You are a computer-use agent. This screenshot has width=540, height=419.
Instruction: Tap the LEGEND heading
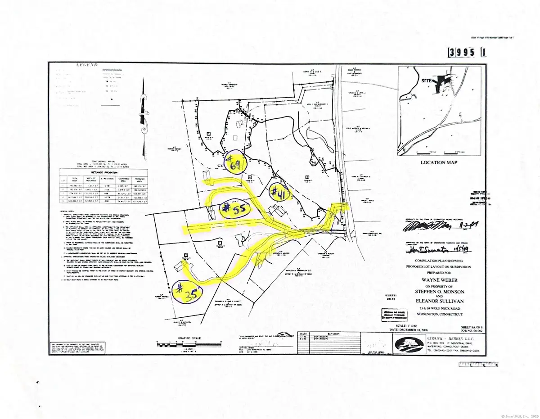[x=86, y=65]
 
